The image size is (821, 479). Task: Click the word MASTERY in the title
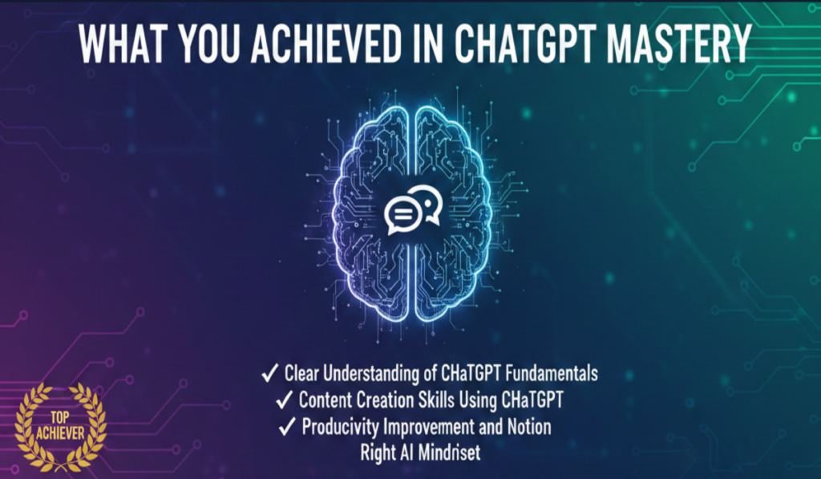[x=679, y=45]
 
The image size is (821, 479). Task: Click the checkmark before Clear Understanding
[x=270, y=374]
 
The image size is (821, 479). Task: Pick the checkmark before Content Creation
[x=284, y=400]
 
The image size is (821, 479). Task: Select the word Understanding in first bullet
[x=381, y=374]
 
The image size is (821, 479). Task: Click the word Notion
[x=526, y=426]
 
